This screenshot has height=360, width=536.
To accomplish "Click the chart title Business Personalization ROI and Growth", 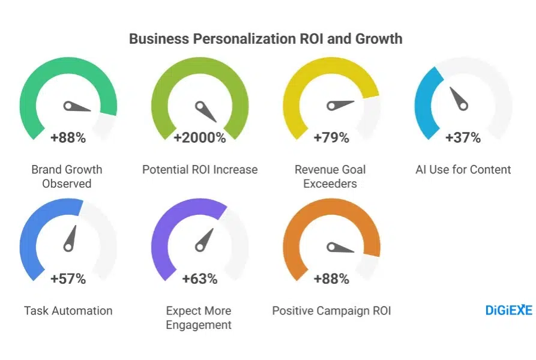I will tap(265, 39).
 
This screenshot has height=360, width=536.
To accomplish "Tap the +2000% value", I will tap(200, 138).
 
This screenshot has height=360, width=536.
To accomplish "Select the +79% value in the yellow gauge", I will tap(331, 138).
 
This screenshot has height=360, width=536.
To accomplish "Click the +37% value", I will tap(463, 138).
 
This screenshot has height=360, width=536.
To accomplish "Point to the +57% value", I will tap(68, 279).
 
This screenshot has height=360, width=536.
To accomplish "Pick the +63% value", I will tap(200, 279).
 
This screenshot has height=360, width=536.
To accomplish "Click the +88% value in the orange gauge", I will tap(331, 279).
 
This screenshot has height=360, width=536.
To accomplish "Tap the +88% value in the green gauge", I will tap(68, 138).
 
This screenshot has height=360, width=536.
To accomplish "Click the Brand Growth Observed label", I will tap(67, 176).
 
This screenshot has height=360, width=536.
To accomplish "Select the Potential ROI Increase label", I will tap(200, 170).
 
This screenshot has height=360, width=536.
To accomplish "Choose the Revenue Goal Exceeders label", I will tap(330, 176).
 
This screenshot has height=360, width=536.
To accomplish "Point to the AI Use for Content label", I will tap(463, 170).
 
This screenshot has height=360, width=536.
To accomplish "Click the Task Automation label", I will tap(68, 311).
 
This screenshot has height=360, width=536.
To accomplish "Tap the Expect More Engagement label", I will tap(199, 318).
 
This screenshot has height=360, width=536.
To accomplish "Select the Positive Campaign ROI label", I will tap(331, 311).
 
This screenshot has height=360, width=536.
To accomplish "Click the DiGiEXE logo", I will tap(508, 310).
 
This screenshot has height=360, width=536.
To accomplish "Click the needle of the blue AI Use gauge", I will tap(458, 98).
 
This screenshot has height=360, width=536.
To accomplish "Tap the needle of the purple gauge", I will tap(204, 239).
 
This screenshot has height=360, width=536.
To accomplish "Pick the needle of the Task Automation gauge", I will tap(71, 238).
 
